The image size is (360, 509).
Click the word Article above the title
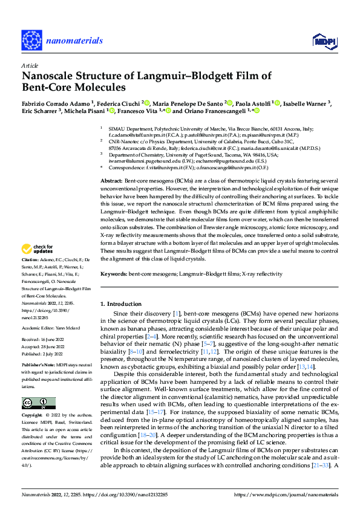[29, 64]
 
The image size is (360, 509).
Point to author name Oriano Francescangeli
[217, 111]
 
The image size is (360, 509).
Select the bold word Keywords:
[114, 274]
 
